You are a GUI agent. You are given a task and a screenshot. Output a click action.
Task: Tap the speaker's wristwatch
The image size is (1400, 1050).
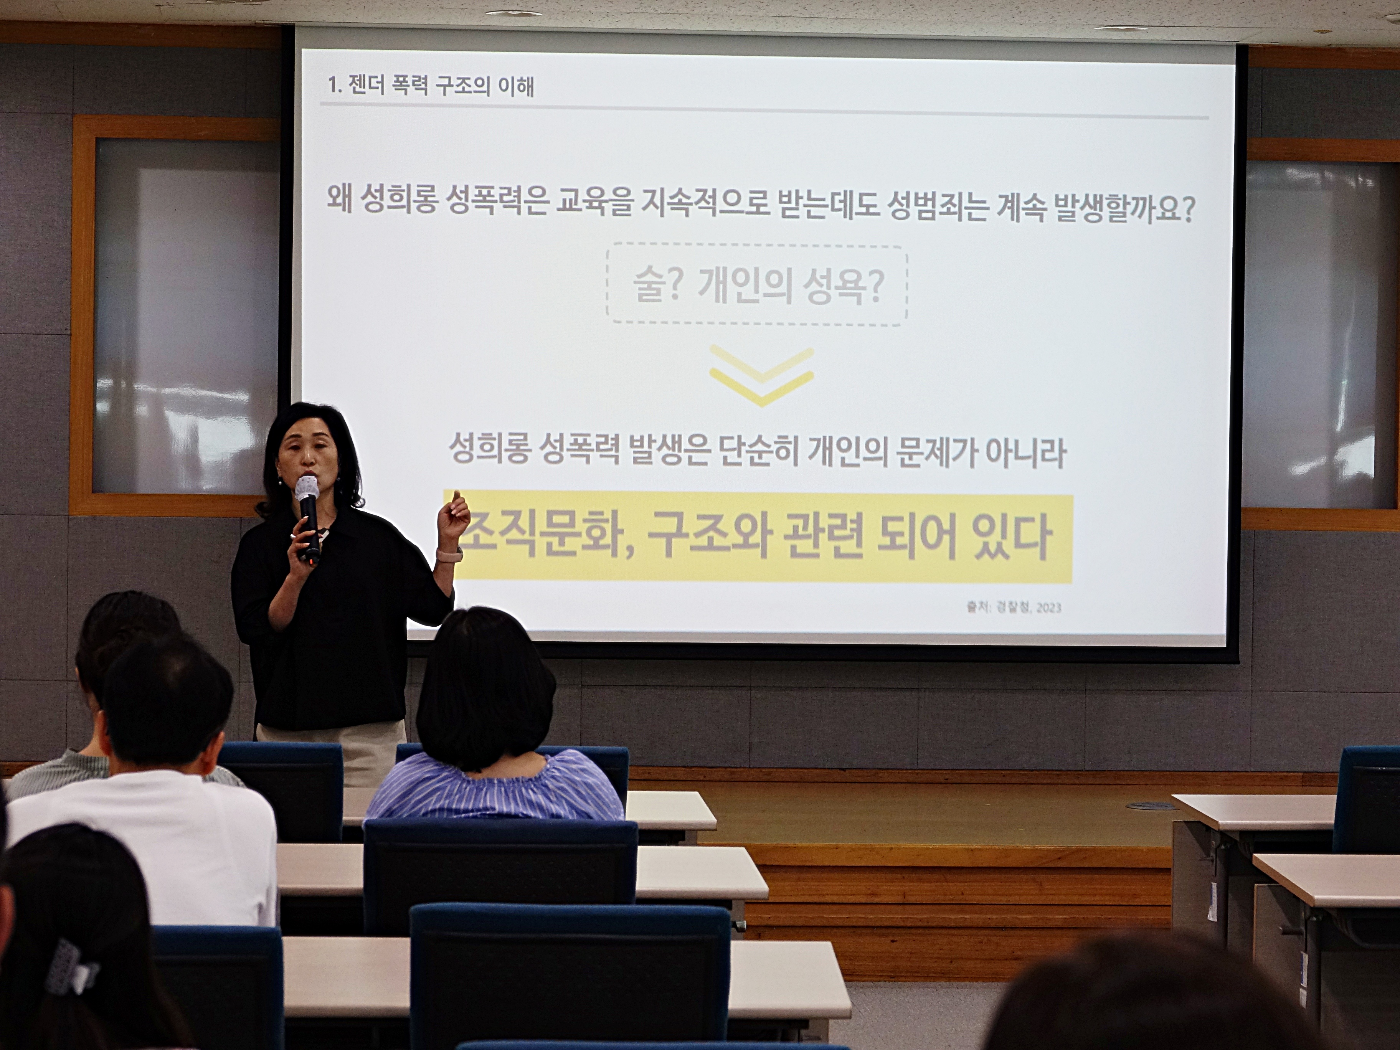pos(448,555)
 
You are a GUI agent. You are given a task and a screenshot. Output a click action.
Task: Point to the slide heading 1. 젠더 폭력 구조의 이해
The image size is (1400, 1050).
pos(430,86)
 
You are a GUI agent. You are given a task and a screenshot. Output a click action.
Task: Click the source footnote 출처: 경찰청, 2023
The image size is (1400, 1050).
pos(1013,608)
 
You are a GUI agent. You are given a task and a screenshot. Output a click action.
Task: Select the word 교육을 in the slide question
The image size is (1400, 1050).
pos(594,203)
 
